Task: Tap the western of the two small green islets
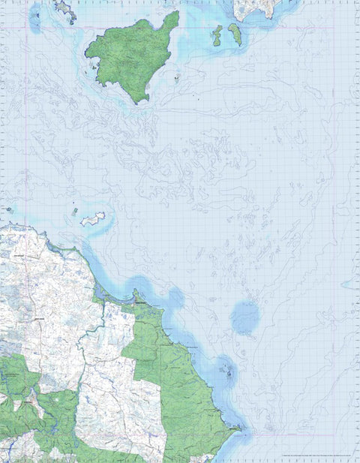(x=217, y=35)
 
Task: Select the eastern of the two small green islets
(x=235, y=34)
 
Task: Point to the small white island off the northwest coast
(x=93, y=219)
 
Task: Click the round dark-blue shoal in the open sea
(x=244, y=317)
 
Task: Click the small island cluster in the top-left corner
(x=64, y=10)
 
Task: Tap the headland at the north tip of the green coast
(x=136, y=294)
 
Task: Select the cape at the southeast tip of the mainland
(x=238, y=429)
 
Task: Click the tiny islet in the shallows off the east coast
(x=225, y=369)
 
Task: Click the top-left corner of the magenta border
(x=29, y=29)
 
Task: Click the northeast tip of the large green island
(x=177, y=13)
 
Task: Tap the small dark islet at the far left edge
(x=9, y=209)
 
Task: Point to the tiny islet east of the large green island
(x=177, y=76)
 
